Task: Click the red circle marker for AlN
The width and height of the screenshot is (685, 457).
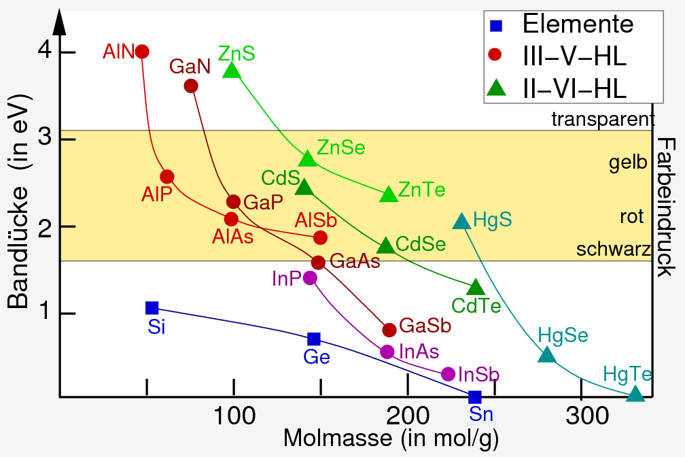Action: [142, 52]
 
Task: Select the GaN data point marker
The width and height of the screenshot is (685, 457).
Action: [191, 86]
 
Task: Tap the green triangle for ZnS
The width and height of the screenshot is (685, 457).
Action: [232, 70]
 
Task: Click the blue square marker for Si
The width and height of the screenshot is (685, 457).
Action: [152, 308]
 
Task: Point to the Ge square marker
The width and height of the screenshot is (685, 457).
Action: [313, 339]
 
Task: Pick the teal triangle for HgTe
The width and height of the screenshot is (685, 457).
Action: [635, 394]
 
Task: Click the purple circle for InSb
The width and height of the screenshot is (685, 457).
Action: [448, 374]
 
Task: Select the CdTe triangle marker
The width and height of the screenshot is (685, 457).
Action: [476, 287]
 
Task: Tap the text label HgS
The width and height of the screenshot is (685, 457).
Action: [492, 220]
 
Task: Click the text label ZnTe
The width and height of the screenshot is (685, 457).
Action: [421, 190]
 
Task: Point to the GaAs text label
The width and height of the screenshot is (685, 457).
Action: [355, 262]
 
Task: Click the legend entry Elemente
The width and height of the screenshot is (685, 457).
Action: [578, 25]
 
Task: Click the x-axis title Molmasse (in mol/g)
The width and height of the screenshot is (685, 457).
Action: [391, 439]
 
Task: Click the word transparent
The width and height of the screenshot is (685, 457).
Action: [602, 120]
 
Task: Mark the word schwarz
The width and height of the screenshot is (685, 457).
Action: [614, 250]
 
